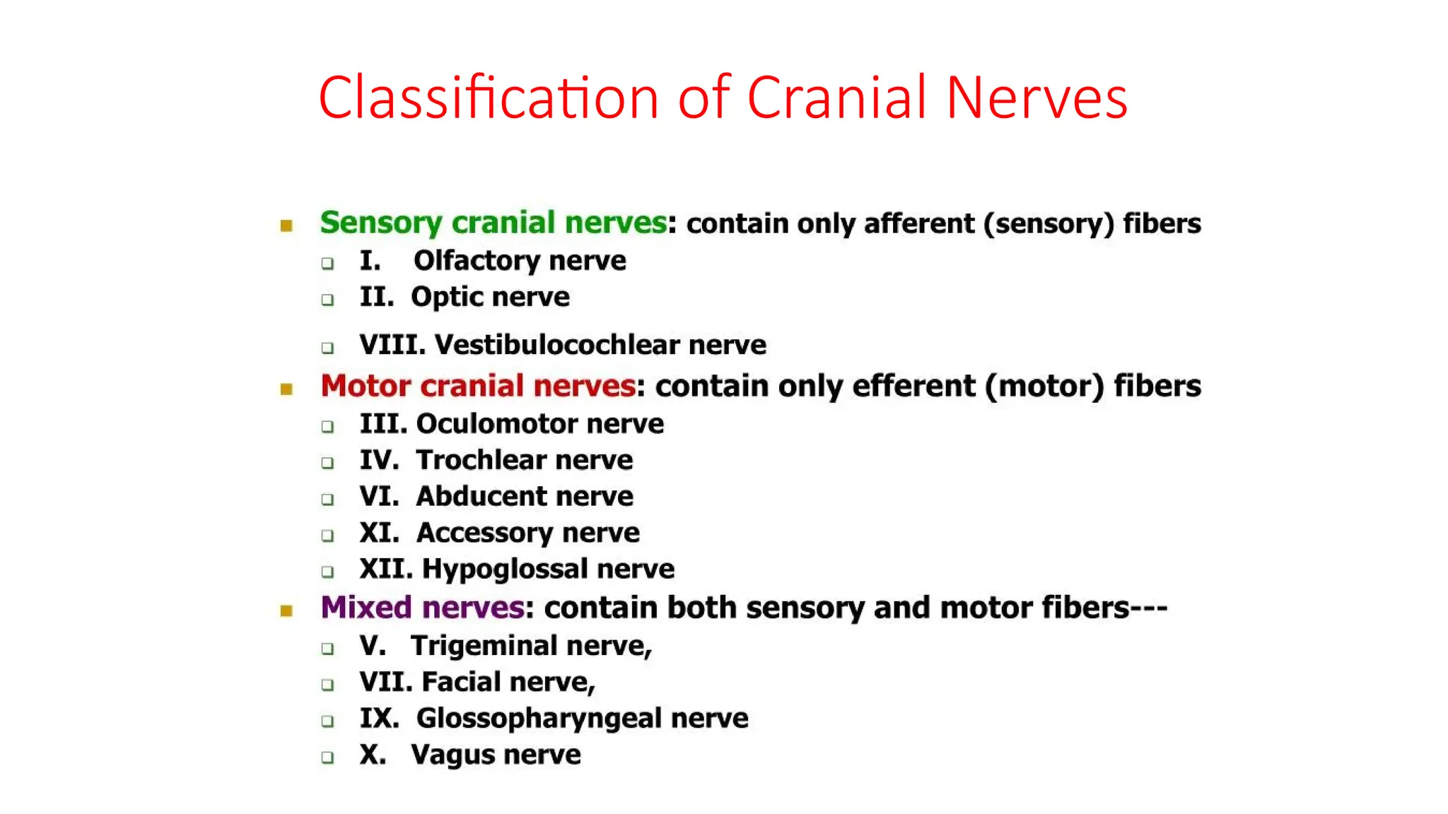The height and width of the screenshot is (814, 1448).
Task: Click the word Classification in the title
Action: point(489,98)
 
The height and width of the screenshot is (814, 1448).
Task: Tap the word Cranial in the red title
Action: point(836,98)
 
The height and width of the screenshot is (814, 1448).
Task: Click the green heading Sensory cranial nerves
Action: point(493,223)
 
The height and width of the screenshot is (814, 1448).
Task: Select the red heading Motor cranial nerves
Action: point(478,387)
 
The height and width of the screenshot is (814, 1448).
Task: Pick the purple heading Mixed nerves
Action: point(422,608)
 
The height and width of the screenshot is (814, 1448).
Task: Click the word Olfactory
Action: point(477,261)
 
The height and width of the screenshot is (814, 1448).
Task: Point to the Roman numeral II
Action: point(375,297)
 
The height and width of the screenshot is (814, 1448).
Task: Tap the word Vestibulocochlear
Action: point(557,346)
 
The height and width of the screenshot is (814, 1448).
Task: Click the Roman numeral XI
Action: point(378,533)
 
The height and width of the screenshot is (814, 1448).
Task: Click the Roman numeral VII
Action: point(385,683)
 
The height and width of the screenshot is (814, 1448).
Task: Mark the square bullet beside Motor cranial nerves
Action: point(286,389)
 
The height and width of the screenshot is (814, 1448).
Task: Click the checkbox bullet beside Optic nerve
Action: point(327,300)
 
